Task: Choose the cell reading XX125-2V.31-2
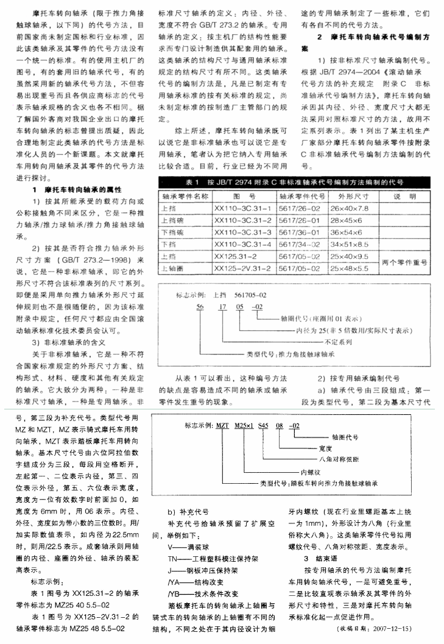[244, 267]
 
